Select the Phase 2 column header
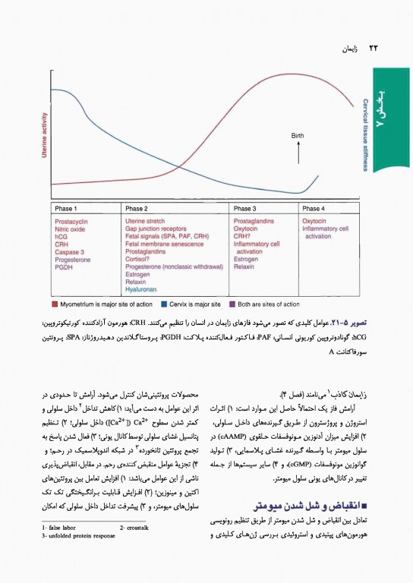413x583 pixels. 137,208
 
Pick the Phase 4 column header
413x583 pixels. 312,208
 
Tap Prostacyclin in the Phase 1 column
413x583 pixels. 71,220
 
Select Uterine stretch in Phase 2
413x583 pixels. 147,220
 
